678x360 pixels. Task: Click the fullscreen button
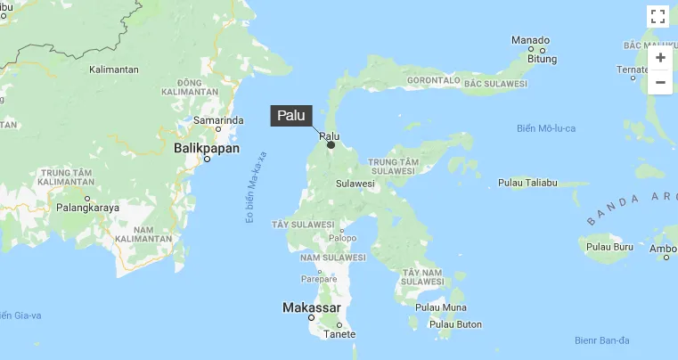[658, 16]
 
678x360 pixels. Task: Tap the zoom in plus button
[659, 58]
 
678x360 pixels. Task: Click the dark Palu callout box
[291, 116]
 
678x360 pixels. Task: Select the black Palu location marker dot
[331, 144]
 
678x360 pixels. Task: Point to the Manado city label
[530, 40]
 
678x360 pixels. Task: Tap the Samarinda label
[218, 119]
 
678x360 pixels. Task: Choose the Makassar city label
[311, 307]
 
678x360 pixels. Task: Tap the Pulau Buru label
[610, 246]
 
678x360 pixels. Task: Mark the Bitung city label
[543, 59]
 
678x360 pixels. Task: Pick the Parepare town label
[319, 279]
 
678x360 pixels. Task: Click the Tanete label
[339, 334]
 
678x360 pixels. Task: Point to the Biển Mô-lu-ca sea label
[546, 128]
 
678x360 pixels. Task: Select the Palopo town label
[342, 238]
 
